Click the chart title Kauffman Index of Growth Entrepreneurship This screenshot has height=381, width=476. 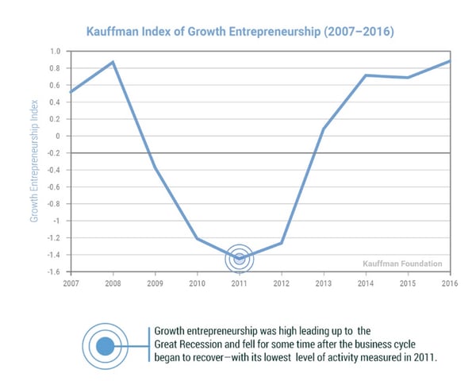click(237, 32)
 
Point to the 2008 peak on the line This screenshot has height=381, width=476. click(113, 62)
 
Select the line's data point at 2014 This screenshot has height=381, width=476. click(364, 75)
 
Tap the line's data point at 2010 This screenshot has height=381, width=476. click(197, 238)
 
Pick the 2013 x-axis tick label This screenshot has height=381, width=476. click(323, 283)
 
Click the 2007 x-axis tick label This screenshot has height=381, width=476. click(72, 283)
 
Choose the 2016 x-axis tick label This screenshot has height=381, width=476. click(448, 283)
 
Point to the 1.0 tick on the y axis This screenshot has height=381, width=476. click(55, 51)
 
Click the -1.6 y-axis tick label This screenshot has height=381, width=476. click(54, 271)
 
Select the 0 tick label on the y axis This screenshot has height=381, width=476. click(58, 136)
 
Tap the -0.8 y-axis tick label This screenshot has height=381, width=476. click(54, 204)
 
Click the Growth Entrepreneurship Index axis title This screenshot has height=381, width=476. click(35, 160)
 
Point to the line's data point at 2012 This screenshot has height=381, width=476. click(281, 243)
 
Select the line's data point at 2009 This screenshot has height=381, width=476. click(155, 168)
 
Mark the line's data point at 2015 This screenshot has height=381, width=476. click(406, 78)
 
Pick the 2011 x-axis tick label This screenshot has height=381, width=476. click(239, 283)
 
